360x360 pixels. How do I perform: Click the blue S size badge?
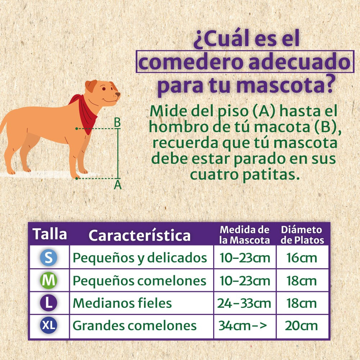pos(49,258)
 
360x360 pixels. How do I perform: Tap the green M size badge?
pos(49,281)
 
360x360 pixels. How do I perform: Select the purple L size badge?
pos(49,303)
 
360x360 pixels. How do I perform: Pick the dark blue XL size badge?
pos(49,325)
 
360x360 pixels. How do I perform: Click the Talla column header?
pos(50,234)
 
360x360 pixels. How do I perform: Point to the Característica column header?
pos(139,235)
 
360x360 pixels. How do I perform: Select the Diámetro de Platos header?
pos(302,235)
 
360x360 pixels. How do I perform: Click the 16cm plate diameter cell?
pos(302,258)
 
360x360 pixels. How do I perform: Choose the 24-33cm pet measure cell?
pos(244,303)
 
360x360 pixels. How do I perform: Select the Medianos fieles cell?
pos(122,303)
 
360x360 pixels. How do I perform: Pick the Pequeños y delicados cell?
pos(140,258)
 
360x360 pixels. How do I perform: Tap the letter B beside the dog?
pos(117,123)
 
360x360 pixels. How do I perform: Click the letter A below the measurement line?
pos(118,185)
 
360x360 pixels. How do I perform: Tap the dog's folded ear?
pos(91,86)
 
